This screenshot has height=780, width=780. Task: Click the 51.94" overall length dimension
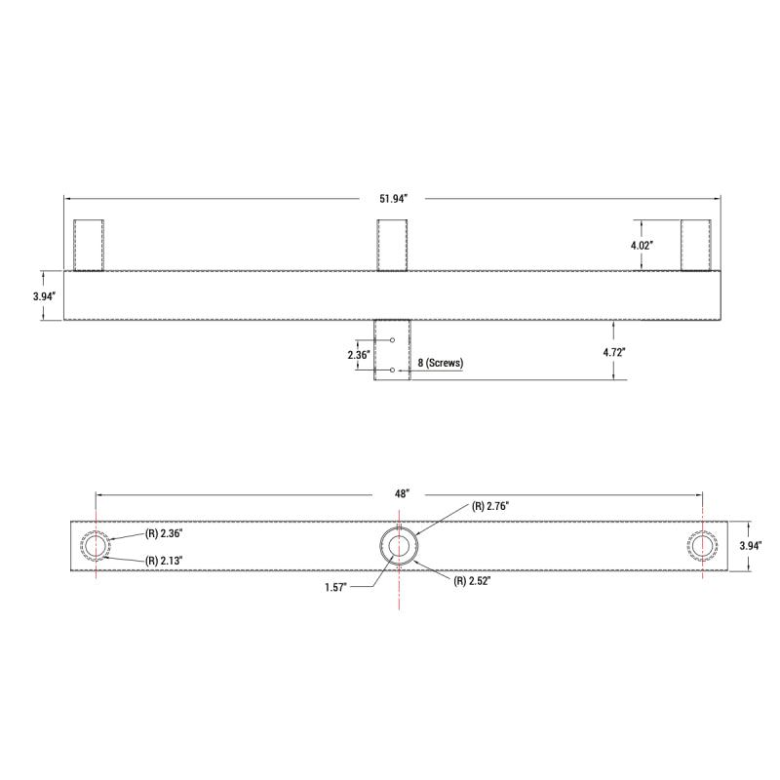click(x=392, y=199)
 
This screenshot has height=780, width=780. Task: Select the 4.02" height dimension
click(x=641, y=246)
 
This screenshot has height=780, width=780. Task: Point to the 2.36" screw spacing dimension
click(x=359, y=356)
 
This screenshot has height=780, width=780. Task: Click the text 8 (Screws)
click(x=440, y=364)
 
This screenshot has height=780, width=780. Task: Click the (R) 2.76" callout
click(x=490, y=506)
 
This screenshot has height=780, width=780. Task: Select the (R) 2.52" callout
click(x=471, y=581)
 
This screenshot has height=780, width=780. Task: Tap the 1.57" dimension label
click(x=337, y=587)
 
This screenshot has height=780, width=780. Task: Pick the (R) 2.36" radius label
click(x=164, y=533)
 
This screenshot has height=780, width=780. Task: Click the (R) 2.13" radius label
click(x=164, y=561)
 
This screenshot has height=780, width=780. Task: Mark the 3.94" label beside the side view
click(x=44, y=295)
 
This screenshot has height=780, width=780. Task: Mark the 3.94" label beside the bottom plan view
click(x=751, y=546)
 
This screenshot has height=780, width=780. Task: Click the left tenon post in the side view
click(x=89, y=245)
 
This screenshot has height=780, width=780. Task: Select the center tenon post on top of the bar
click(x=392, y=245)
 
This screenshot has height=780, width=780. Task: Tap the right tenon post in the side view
click(x=695, y=245)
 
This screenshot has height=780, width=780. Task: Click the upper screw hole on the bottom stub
click(x=392, y=340)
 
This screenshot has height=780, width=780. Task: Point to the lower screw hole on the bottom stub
click(x=392, y=370)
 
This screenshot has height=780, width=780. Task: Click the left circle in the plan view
click(x=96, y=547)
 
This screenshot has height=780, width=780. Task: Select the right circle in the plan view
click(x=701, y=546)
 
